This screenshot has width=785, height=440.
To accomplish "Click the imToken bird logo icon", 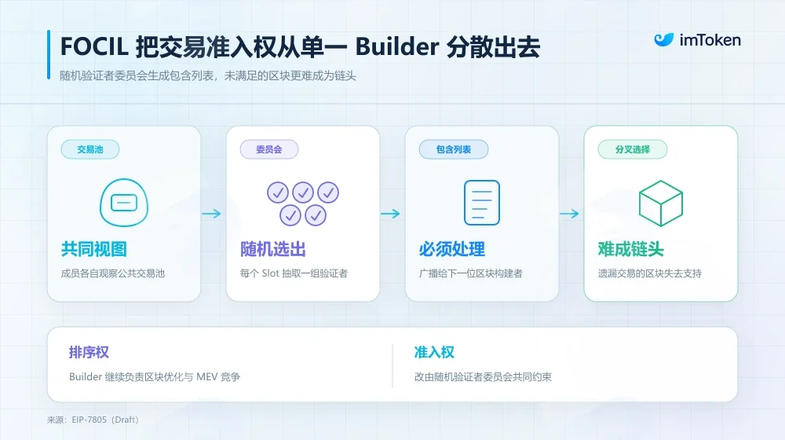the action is click(x=663, y=39).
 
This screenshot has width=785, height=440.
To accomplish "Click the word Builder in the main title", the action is click(x=397, y=46).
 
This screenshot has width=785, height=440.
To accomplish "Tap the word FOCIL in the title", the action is click(x=94, y=46).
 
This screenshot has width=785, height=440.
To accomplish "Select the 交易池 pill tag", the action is click(x=90, y=149).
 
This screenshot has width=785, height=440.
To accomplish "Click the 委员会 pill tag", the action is click(x=268, y=149).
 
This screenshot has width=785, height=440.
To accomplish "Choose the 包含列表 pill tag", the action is click(x=453, y=149).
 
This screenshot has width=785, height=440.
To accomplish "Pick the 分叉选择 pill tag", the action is click(x=632, y=149).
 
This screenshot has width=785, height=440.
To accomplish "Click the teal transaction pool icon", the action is click(x=124, y=203).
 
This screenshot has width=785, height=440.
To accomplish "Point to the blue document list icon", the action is click(x=482, y=203).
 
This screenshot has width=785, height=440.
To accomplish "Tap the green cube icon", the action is click(x=661, y=203).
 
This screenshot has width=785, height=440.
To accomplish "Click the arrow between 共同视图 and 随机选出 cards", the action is click(x=211, y=214).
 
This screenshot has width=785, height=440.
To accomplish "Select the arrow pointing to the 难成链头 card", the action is click(x=569, y=214).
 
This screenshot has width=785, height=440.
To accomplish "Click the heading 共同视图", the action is click(x=94, y=249).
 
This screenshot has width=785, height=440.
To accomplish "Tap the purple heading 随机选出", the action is click(x=273, y=249).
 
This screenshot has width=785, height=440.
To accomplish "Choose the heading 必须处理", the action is click(x=452, y=249).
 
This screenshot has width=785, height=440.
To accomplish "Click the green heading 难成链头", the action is click(x=631, y=249).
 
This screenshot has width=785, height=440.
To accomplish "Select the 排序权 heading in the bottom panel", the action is click(x=89, y=352).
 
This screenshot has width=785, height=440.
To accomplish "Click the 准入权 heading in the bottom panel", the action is click(x=434, y=352).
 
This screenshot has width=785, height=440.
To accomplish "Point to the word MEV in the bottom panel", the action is click(x=206, y=377).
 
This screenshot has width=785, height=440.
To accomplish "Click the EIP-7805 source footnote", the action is click(x=93, y=420).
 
